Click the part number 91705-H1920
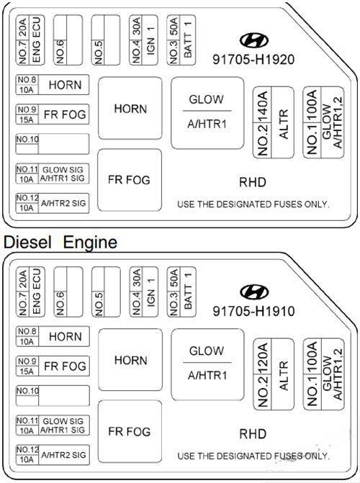tap(253, 59)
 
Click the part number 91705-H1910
tap(253, 311)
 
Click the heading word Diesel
tap(27, 242)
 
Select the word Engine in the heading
tap(90, 243)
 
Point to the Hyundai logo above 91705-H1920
tap(254, 40)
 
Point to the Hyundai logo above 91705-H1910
tap(254, 292)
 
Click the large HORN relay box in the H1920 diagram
tap(130, 108)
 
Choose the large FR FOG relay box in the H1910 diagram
tap(130, 431)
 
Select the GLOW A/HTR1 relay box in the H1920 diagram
tap(207, 113)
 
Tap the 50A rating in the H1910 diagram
tap(174, 278)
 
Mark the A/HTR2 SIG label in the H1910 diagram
tap(63, 455)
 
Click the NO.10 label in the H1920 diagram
tap(27, 139)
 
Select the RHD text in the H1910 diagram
tap(253, 434)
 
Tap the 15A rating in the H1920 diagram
tap(27, 119)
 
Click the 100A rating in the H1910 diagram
tap(312, 358)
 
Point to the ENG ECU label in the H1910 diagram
tap(37, 292)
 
